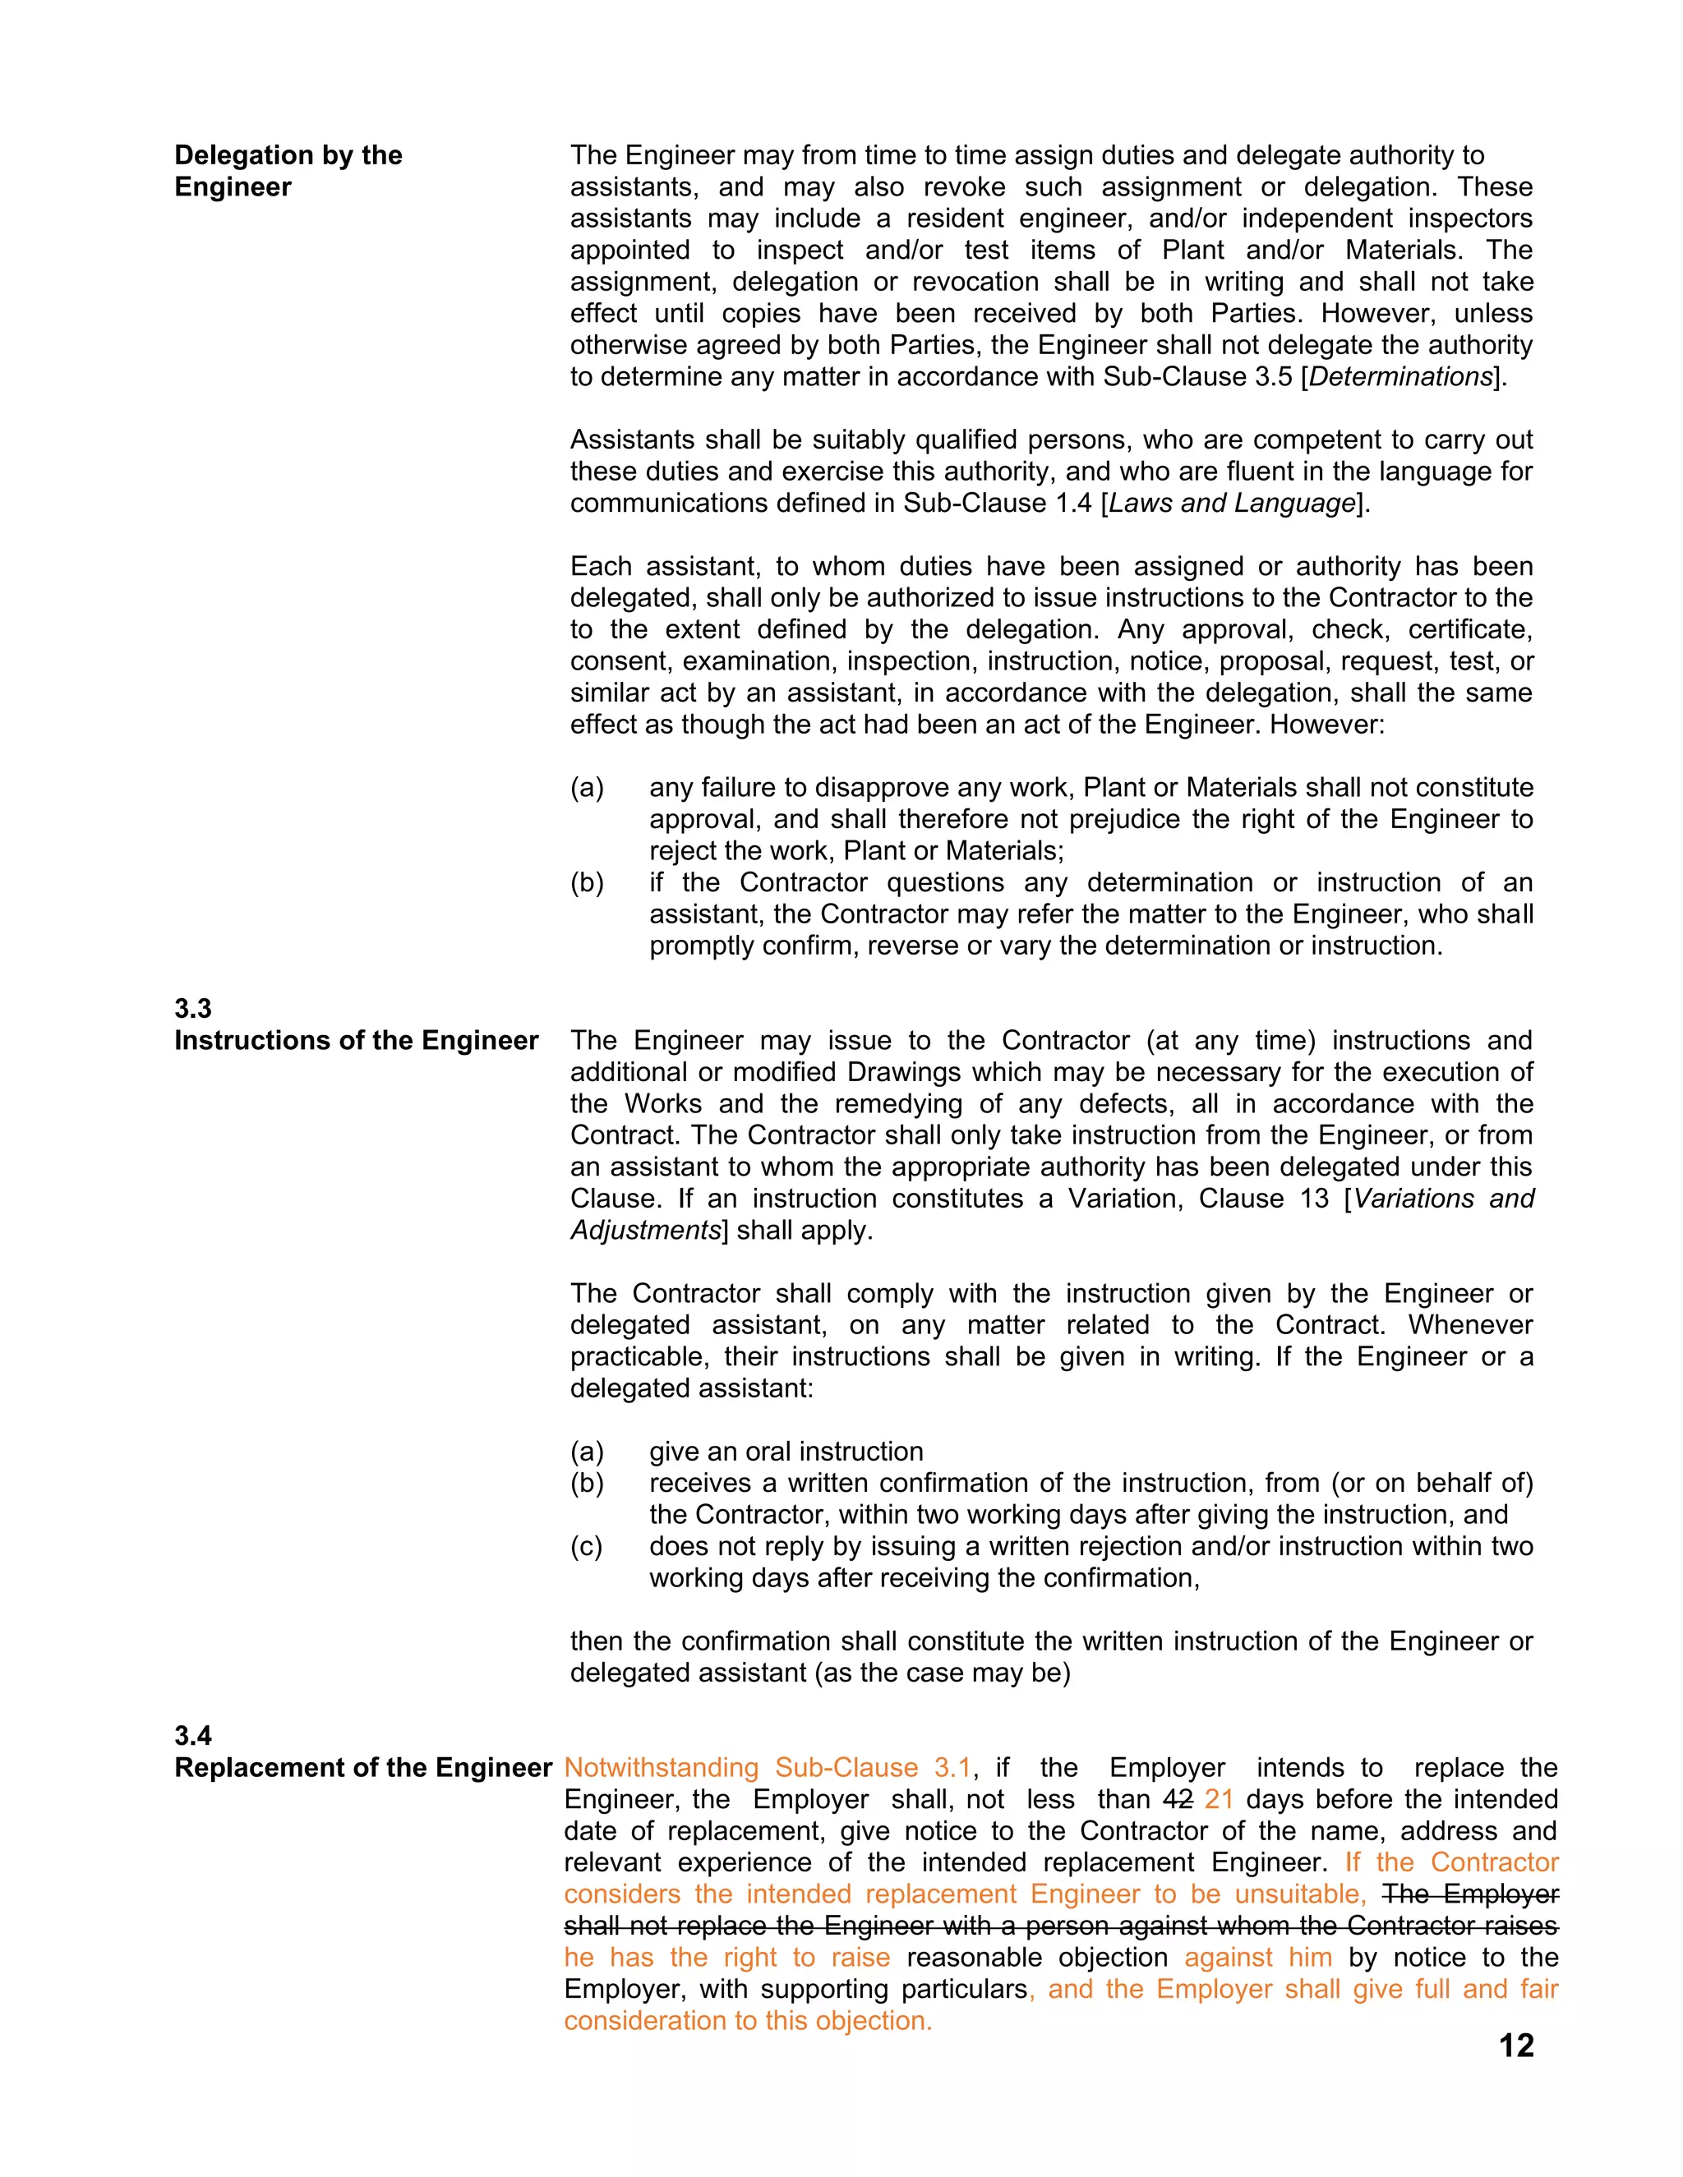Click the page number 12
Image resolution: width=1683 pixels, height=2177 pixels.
1515,2046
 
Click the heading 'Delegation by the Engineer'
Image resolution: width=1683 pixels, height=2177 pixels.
288,170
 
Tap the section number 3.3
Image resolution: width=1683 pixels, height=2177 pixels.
192,1008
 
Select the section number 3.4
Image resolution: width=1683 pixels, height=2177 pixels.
192,1735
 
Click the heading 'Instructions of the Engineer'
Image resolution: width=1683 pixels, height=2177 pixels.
356,1040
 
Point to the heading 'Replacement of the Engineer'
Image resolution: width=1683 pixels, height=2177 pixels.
363,1767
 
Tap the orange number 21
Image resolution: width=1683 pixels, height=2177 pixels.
1219,1799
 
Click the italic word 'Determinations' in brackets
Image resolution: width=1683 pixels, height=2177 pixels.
1399,377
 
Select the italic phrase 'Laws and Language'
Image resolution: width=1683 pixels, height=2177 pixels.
1233,504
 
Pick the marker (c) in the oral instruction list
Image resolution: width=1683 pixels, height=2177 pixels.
586,1546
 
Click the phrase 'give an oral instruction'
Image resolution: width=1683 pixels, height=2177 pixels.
786,1452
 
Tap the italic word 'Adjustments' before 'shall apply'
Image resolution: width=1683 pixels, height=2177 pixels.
645,1230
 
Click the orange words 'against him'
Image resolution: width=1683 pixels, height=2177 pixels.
1258,1957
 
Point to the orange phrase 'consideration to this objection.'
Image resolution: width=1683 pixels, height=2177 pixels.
748,2021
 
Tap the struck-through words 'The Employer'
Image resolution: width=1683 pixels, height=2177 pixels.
1471,1894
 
